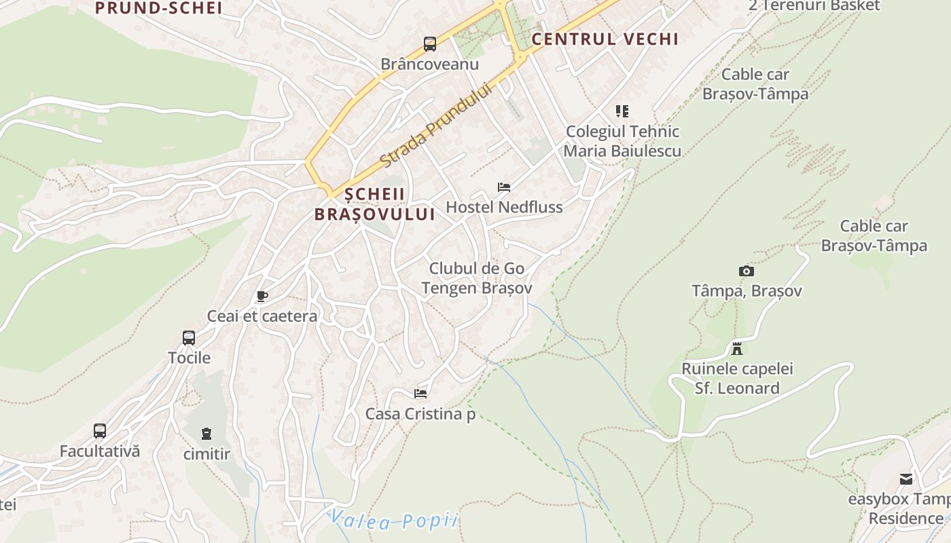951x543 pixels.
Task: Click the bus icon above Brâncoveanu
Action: tap(430, 44)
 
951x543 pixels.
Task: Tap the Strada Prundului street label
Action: tap(435, 126)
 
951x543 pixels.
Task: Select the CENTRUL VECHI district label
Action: tap(605, 39)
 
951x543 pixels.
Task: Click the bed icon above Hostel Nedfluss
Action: tap(504, 187)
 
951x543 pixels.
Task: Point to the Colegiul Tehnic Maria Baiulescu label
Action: tap(622, 141)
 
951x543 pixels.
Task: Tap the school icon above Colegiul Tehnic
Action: tap(622, 111)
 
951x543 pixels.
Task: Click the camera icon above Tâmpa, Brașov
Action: tap(747, 271)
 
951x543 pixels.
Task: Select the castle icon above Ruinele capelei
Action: tap(737, 350)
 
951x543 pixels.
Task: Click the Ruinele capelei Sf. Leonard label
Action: tap(737, 379)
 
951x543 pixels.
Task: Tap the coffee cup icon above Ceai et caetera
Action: tap(262, 297)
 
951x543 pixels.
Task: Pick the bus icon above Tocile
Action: tap(189, 337)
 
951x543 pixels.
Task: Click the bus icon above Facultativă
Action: tap(100, 431)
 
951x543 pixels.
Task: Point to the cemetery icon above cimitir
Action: tap(207, 433)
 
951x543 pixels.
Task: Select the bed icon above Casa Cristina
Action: tap(420, 393)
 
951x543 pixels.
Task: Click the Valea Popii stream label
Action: tap(394, 521)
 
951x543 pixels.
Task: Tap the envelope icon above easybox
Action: tap(906, 479)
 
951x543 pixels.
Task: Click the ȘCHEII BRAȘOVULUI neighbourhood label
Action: tap(374, 204)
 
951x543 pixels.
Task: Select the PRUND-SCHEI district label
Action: tap(159, 8)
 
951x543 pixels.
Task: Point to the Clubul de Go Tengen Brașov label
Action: tap(477, 278)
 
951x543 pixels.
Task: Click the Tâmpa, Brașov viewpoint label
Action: tap(747, 291)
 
